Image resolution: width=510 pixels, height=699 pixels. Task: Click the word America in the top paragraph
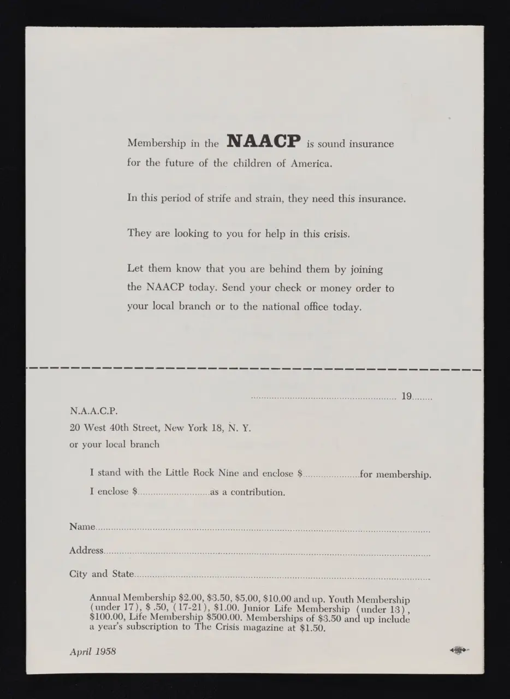coord(310,163)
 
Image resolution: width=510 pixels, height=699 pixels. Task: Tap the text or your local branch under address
coord(114,445)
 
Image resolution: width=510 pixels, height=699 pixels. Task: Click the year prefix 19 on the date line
coord(407,397)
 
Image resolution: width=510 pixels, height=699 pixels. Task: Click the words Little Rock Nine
coord(189,473)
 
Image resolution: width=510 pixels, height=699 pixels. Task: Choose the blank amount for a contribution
coord(173,493)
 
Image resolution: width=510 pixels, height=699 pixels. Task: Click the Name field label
coord(82,526)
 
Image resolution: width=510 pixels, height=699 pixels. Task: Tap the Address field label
coord(86,550)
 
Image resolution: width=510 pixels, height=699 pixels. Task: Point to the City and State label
coord(101,574)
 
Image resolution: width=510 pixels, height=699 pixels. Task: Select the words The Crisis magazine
coord(249,627)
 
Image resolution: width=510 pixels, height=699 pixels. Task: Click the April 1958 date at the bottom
coord(93,651)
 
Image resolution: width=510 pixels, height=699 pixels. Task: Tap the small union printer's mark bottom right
coord(459,650)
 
